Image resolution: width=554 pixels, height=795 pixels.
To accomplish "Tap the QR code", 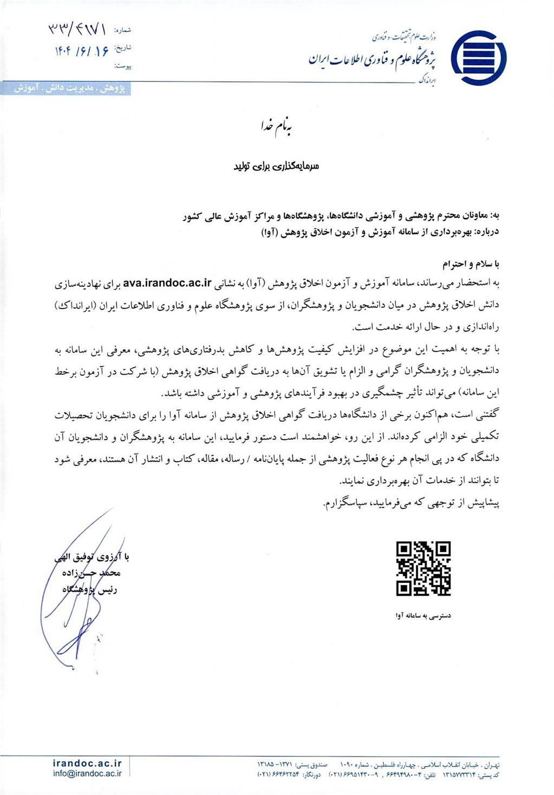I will (423, 569).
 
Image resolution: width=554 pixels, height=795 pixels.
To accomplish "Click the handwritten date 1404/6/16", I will (81, 50).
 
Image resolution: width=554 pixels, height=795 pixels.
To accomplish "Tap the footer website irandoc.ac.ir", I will (88, 764).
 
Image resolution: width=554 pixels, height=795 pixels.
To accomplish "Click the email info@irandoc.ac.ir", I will (88, 774).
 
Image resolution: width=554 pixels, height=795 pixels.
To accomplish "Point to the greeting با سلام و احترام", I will (471, 265).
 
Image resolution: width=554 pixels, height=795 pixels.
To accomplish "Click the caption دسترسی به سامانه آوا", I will (423, 616).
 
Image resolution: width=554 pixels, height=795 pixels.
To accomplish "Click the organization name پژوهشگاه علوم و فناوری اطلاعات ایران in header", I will (373, 59).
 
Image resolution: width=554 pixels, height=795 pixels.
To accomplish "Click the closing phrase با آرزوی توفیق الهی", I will (92, 557).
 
